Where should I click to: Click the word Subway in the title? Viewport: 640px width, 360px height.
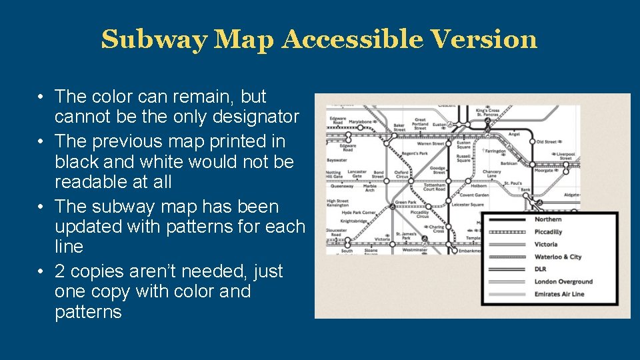154,40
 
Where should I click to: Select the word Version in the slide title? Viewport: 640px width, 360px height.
484,40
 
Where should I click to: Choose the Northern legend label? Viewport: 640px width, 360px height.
548,219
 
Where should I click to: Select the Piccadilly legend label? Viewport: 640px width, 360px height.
548,232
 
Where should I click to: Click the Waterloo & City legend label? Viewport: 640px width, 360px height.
558,257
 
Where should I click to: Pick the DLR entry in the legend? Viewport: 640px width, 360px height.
541,269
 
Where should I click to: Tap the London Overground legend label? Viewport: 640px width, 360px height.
563,282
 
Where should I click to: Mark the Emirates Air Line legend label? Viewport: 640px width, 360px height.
559,294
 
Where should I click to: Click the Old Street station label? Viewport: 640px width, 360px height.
548,142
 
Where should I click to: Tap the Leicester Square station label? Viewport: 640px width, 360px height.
467,205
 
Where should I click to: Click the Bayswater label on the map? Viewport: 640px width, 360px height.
337,161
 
